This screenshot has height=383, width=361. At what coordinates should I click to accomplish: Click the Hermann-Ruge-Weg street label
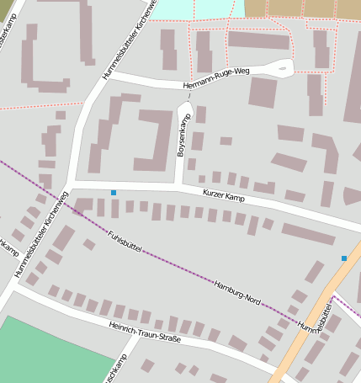tap(217, 80)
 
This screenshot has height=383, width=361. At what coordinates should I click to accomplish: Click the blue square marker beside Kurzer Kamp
tap(114, 193)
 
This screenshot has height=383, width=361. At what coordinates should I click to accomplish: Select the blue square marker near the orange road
tap(343, 258)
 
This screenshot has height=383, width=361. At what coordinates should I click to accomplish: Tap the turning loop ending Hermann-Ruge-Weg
tap(282, 68)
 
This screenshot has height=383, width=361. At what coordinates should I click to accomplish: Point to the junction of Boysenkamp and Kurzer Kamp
tap(178, 185)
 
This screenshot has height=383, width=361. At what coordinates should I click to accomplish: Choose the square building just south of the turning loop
tap(263, 93)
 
